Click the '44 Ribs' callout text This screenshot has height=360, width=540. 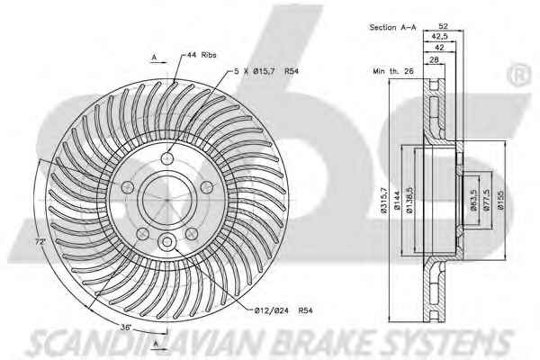pos(202,55)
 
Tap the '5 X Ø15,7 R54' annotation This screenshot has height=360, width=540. pos(266,71)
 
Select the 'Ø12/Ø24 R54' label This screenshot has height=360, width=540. pos(283,310)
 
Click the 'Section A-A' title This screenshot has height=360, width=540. pos(392,27)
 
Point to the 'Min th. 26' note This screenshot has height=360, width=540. pos(393,71)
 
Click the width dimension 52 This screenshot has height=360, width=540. pos(443,26)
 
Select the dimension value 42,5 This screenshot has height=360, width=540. pos(439,36)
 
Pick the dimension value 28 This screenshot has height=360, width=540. pos(435,59)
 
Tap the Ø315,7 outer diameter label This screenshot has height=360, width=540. pos(384,201)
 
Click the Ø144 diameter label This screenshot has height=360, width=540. pos(396,201)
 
